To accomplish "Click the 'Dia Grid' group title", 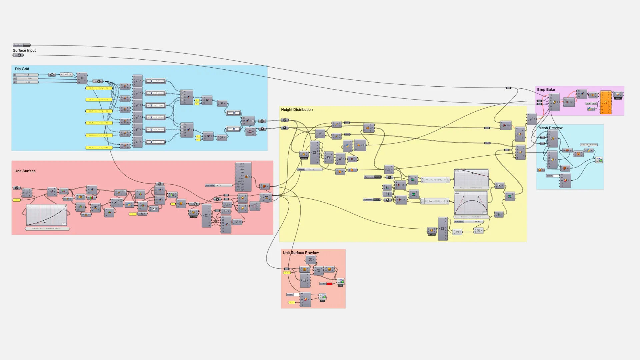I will [22, 69].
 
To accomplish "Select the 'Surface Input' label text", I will [24, 50].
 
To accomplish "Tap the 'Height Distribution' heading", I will [297, 110].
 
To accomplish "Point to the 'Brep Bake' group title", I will [546, 90].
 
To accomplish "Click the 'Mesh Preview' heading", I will [550, 128].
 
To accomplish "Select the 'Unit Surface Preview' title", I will [301, 253].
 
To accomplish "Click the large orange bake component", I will [605, 102].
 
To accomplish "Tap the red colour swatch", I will [329, 284].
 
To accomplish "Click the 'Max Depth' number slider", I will [469, 222].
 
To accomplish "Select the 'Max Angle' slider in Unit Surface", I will [219, 185].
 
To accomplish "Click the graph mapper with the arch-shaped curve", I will [471, 203].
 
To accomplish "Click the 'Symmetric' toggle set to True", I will [373, 177].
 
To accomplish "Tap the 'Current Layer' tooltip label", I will [591, 104].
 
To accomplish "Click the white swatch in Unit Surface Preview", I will [296, 295].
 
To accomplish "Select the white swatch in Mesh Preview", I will [556, 176].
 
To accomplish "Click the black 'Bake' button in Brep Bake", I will [618, 98].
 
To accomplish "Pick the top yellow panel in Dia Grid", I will [98, 88].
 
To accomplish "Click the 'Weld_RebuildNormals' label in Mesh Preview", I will [589, 145].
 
